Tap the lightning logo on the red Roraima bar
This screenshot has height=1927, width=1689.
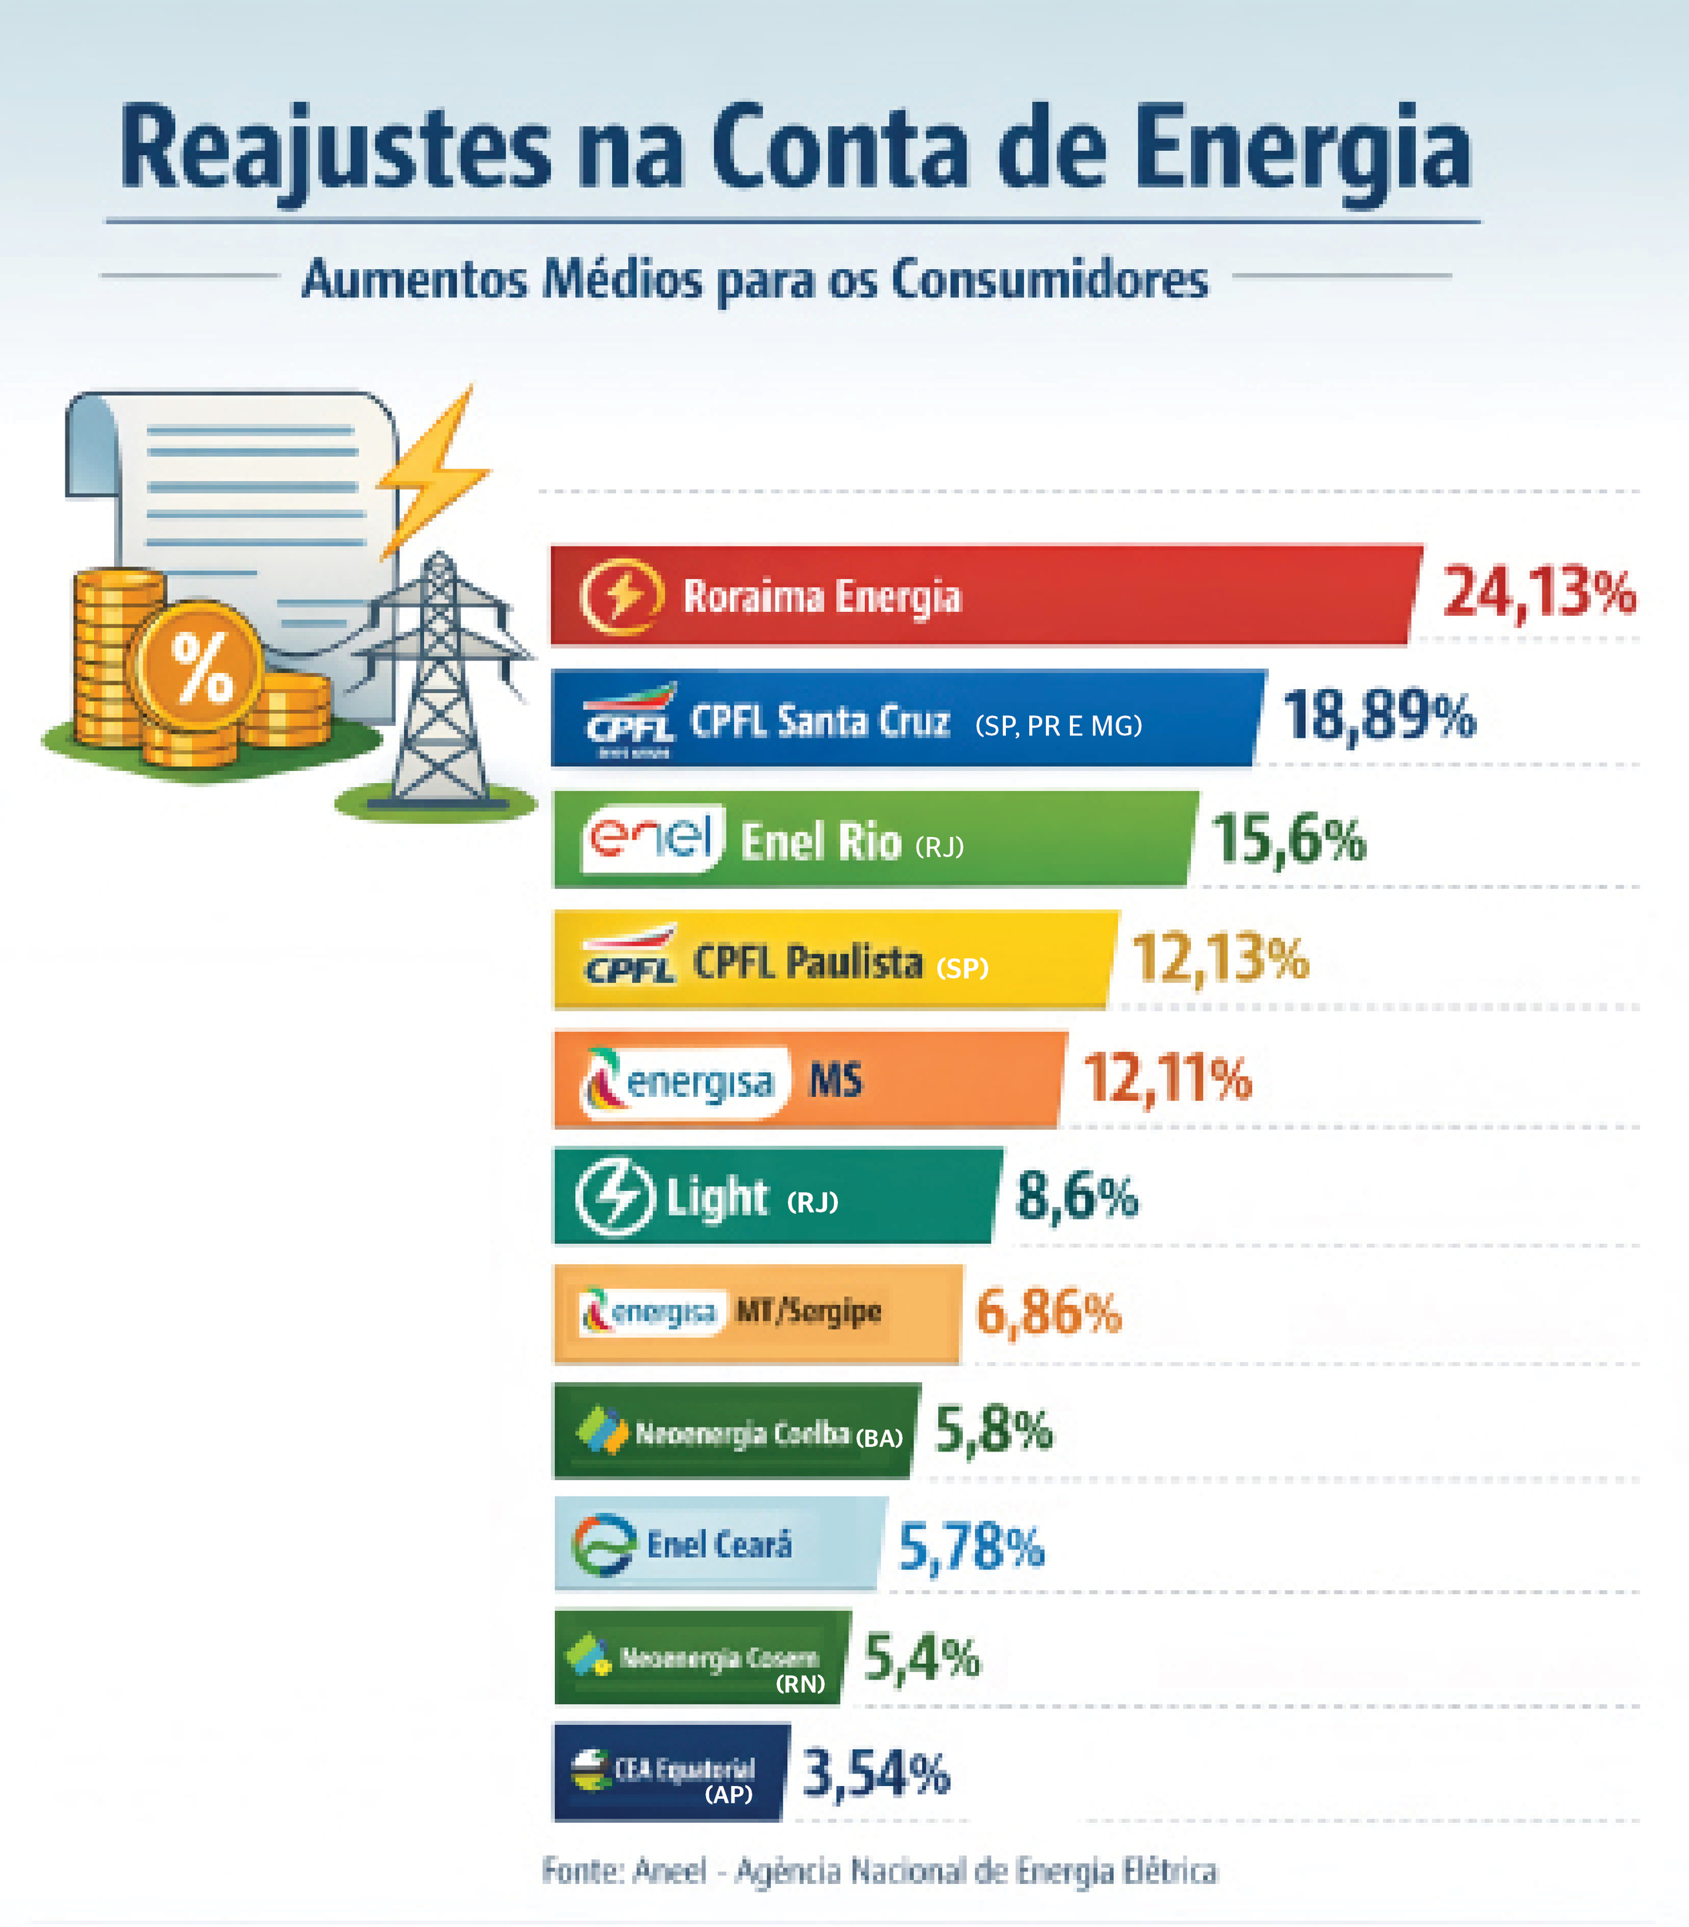(x=621, y=596)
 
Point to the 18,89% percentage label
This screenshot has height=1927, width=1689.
(x=1379, y=715)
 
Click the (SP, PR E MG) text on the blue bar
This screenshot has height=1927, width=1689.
(x=1058, y=725)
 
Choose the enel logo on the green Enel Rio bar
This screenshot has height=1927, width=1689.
(x=651, y=837)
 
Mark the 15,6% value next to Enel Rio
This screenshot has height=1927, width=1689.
(x=1287, y=839)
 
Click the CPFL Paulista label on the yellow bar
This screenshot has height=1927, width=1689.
(x=808, y=963)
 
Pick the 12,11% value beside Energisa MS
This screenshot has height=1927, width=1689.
(x=1167, y=1078)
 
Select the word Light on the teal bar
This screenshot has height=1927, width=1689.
(x=716, y=1198)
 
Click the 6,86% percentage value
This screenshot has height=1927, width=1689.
(x=1048, y=1313)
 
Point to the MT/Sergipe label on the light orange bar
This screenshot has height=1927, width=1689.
(x=809, y=1310)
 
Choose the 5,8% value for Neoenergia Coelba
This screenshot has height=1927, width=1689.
(x=994, y=1430)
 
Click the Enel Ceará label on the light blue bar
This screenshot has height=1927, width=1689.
(x=719, y=1545)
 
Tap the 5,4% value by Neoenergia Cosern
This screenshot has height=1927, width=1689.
(x=922, y=1659)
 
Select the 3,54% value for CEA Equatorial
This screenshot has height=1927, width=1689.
(x=876, y=1773)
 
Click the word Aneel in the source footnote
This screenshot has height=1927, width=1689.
(x=669, y=1871)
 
